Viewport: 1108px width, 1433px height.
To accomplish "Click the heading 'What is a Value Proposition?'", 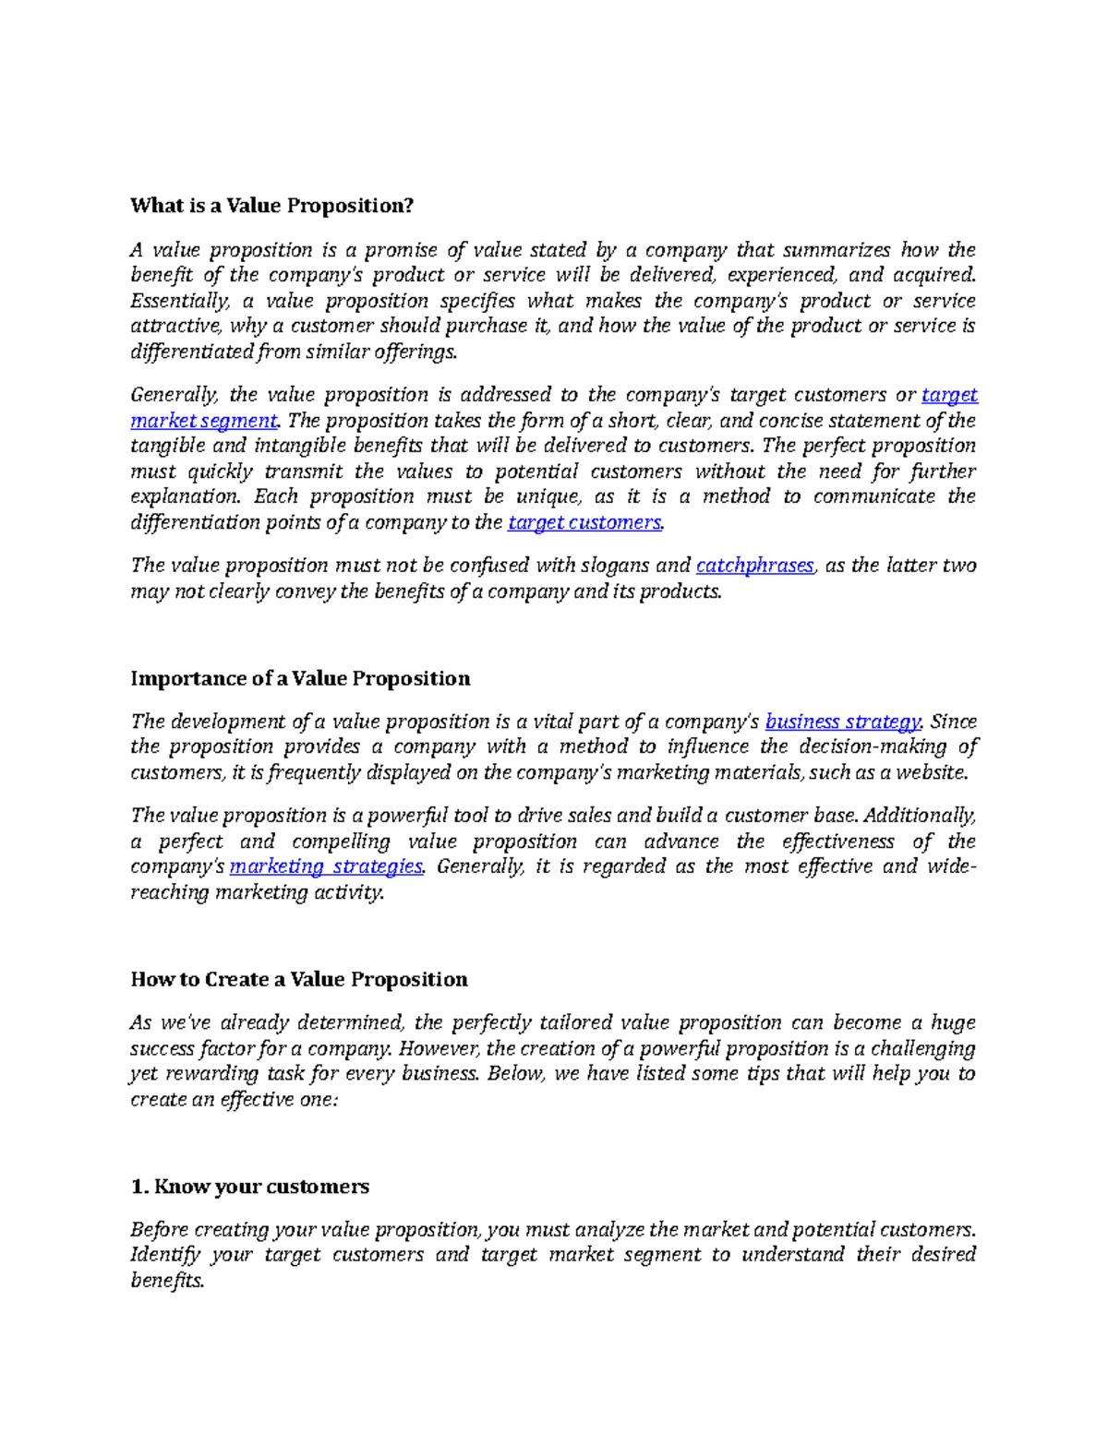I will pyautogui.click(x=272, y=206).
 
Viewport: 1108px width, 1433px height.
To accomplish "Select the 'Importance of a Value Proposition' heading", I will pyautogui.click(x=300, y=678).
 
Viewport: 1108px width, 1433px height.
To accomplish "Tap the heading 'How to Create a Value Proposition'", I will pyautogui.click(x=299, y=979).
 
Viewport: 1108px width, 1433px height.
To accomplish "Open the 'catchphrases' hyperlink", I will pyautogui.click(x=754, y=566).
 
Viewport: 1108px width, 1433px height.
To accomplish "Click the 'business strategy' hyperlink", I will pyautogui.click(x=843, y=722).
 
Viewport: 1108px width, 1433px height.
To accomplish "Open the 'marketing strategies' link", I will pyautogui.click(x=326, y=866).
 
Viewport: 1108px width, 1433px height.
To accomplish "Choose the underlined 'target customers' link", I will pyautogui.click(x=584, y=522).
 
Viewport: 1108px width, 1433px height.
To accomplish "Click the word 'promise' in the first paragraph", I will pyautogui.click(x=401, y=250).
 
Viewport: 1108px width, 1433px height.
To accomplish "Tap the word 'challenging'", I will pyautogui.click(x=922, y=1048).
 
